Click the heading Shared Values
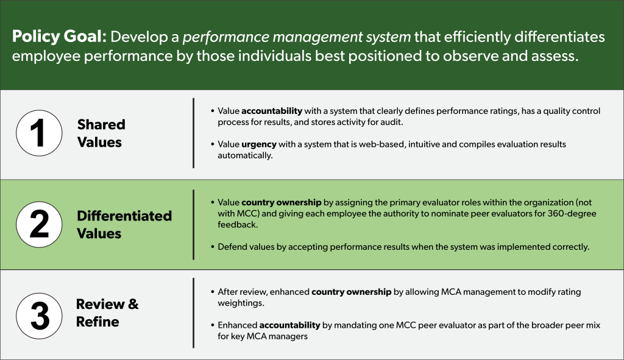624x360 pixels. click(x=101, y=133)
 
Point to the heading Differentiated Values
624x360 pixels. click(x=124, y=225)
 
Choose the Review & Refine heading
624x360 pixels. click(x=107, y=312)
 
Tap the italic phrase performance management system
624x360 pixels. click(x=297, y=37)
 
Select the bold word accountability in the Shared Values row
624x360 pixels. click(x=272, y=111)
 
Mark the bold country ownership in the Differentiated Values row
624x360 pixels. click(x=281, y=202)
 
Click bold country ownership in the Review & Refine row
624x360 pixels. click(x=351, y=292)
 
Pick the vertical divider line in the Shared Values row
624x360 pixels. click(x=193, y=133)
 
